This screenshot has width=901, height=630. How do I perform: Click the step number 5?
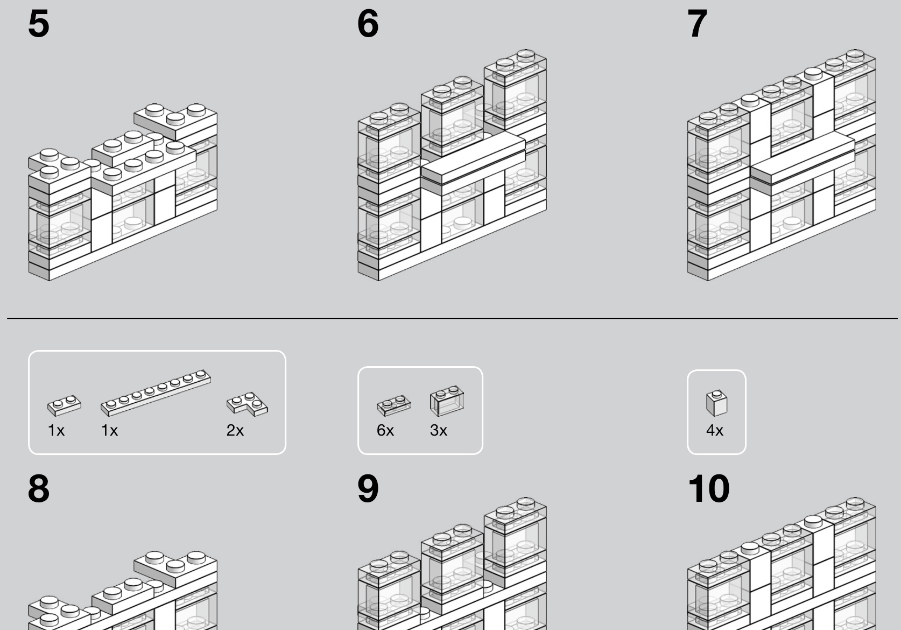point(39,24)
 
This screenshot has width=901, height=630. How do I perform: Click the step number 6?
point(368,24)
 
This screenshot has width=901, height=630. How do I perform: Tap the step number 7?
point(697,24)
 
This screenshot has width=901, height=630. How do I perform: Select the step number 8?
point(39,488)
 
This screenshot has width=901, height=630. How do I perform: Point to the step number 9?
point(368,488)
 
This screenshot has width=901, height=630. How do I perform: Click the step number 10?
point(709,488)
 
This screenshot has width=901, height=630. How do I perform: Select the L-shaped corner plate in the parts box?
point(247,404)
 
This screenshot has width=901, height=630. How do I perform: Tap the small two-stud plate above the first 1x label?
point(65,405)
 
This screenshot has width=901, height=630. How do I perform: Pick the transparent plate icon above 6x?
point(393,405)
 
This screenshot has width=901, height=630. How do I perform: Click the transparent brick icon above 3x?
point(447,401)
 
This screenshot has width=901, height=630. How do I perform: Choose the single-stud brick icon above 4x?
point(716,403)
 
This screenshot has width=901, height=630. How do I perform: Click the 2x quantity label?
point(235,430)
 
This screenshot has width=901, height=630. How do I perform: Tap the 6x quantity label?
point(385,430)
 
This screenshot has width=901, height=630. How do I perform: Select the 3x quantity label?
point(439,430)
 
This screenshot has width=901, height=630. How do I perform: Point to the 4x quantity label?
point(714,430)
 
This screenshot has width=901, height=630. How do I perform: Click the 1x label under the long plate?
point(109,430)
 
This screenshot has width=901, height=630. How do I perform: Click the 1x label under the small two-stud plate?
point(56,430)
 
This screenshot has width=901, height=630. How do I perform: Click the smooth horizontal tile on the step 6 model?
point(473,158)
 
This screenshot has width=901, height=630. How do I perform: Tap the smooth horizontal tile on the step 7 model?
point(803,158)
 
